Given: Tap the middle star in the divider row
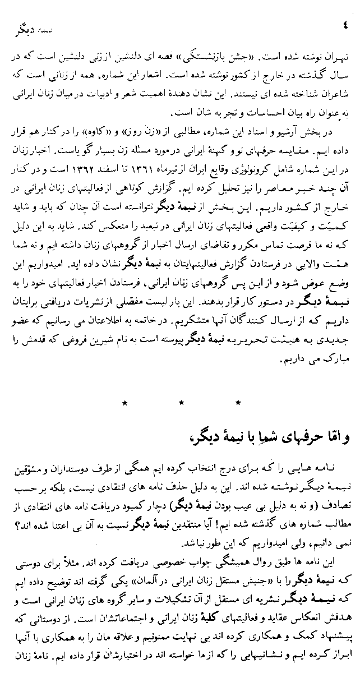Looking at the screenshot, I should (181, 402).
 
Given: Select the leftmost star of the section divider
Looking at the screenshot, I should (124, 402).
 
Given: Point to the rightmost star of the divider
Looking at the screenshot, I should (238, 402).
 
